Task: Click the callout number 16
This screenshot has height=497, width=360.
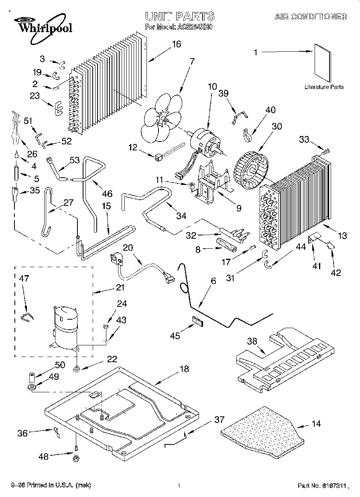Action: [x=176, y=44]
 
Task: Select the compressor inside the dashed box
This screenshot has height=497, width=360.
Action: [x=65, y=327]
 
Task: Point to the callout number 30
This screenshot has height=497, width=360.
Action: [x=277, y=127]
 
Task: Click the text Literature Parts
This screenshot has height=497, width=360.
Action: [x=323, y=87]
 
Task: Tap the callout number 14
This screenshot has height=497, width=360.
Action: [x=316, y=424]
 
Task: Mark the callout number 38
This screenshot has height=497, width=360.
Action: [x=252, y=341]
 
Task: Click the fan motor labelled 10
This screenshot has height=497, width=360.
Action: [x=206, y=142]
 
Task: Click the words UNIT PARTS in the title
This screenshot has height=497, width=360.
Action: [x=179, y=16]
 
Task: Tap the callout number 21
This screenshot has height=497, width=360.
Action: [x=120, y=287]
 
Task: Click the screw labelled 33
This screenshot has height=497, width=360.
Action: [x=325, y=151]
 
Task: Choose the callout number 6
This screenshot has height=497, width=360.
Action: [x=213, y=281]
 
